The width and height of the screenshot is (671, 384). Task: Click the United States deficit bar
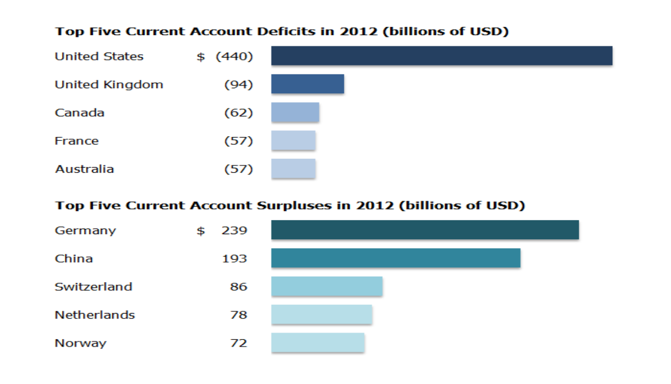pyautogui.click(x=442, y=56)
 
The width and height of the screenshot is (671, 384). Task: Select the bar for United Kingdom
pyautogui.click(x=308, y=84)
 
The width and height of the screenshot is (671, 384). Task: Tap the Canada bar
pyautogui.click(x=295, y=112)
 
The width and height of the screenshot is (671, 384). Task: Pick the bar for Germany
pyautogui.click(x=425, y=230)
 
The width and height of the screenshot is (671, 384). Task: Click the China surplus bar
pyautogui.click(x=396, y=258)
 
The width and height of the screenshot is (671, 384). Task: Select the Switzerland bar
pyautogui.click(x=327, y=286)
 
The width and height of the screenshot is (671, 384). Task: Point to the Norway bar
pyautogui.click(x=318, y=343)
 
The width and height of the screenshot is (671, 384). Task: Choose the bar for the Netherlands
pyautogui.click(x=322, y=315)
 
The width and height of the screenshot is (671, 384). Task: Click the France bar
pyautogui.click(x=294, y=140)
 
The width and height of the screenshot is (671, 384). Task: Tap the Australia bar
pyautogui.click(x=294, y=169)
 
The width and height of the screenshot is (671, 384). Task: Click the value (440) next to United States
pyautogui.click(x=234, y=56)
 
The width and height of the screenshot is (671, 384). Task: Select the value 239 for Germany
pyautogui.click(x=234, y=230)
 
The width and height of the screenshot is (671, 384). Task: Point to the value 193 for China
pyautogui.click(x=234, y=258)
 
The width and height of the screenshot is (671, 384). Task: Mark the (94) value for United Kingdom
pyautogui.click(x=238, y=84)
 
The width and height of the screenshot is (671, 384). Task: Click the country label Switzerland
pyautogui.click(x=93, y=287)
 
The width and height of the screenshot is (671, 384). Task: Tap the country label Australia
pyautogui.click(x=84, y=169)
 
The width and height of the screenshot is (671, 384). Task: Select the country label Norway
pyautogui.click(x=81, y=343)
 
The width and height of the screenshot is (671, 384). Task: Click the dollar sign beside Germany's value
pyautogui.click(x=201, y=230)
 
